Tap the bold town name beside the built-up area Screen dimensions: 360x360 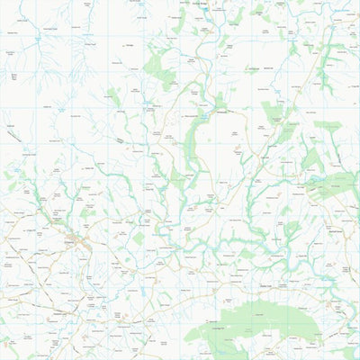[x=71, y=240]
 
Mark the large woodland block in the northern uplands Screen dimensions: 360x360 [x=158, y=63]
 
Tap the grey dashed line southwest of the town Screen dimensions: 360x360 [x=36, y=270]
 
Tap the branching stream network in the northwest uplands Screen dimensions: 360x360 [x=76, y=58]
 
